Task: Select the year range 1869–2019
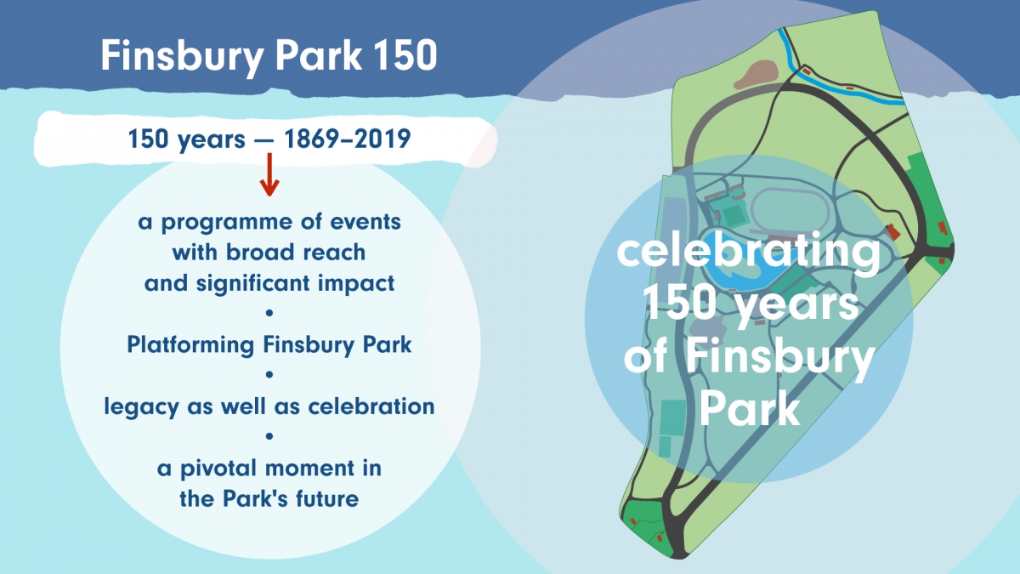tap(347, 139)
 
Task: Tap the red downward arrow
tap(269, 174)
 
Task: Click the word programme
tap(227, 223)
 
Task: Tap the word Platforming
tap(190, 345)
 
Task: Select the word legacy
tap(141, 406)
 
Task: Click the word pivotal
tap(218, 469)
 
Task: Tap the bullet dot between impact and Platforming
tap(269, 313)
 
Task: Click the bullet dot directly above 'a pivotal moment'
tap(269, 436)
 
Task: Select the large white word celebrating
tap(748, 252)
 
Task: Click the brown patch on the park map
tap(756, 74)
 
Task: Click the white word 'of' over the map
tap(646, 358)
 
